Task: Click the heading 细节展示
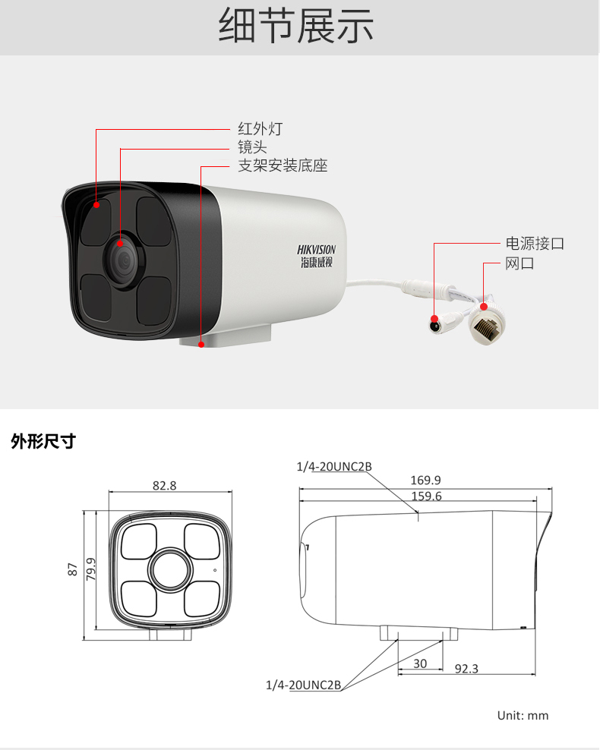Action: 295,26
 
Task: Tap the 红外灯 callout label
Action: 261,128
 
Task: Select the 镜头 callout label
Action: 252,147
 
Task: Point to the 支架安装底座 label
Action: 283,165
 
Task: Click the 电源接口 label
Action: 535,244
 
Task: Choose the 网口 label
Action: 519,263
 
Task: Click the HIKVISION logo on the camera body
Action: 316,256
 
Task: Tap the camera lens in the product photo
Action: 123,260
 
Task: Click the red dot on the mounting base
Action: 201,345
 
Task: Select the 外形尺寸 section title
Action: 43,441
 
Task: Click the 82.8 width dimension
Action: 165,486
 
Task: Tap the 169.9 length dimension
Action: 425,480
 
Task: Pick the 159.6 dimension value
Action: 426,496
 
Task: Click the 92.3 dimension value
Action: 466,668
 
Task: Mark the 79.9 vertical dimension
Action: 91,569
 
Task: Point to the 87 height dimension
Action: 73,569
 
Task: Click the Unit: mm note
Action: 523,716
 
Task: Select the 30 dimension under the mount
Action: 420,663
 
